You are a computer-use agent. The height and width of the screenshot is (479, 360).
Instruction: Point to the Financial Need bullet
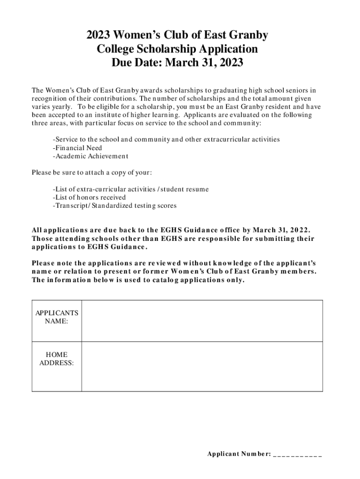point(78,148)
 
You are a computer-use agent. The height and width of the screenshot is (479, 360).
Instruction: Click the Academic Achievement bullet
point(90,156)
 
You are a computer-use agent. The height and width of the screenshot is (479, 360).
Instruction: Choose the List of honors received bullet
point(89,197)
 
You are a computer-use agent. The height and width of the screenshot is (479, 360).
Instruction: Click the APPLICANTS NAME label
point(57,317)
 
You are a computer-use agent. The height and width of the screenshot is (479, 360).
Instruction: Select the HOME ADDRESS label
point(57,358)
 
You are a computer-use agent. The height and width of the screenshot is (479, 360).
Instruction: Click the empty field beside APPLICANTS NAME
point(202,321)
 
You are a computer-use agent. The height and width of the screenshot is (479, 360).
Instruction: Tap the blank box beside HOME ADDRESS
point(202,366)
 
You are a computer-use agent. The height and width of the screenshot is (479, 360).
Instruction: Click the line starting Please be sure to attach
point(92,173)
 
